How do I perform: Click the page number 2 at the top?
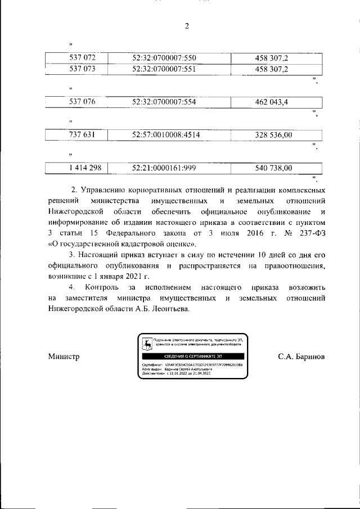click(187, 25)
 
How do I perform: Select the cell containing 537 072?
click(82, 58)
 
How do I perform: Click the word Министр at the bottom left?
click(64, 357)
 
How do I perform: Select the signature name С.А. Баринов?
click(301, 357)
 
